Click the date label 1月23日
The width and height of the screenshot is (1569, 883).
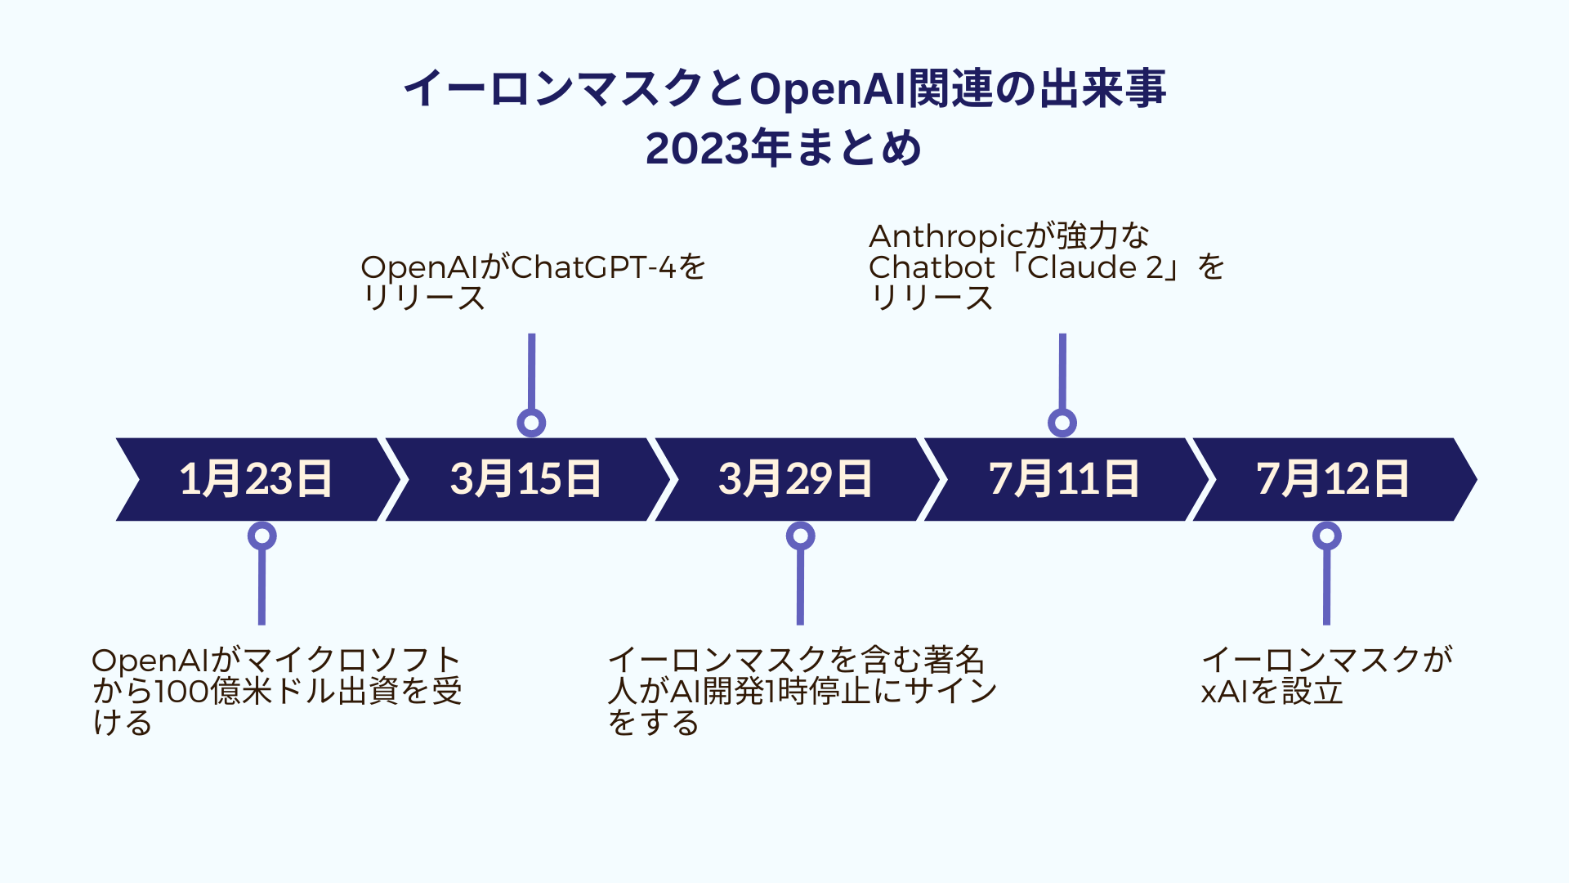tap(256, 479)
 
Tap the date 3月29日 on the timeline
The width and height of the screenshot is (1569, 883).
tap(795, 479)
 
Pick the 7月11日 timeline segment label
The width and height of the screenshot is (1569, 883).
tap(1064, 479)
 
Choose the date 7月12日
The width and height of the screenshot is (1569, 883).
tap(1333, 479)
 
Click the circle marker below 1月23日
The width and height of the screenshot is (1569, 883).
tap(261, 536)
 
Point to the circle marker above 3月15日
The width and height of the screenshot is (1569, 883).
tap(531, 423)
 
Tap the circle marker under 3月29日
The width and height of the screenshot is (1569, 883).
tap(800, 536)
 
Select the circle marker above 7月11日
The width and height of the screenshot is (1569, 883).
tap(1062, 423)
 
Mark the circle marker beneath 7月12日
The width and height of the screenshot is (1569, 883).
tap(1326, 536)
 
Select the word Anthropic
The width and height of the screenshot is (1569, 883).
tap(946, 237)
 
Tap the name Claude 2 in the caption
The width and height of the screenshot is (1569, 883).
tap(1094, 267)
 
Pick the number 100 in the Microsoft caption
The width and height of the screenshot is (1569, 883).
tap(181, 692)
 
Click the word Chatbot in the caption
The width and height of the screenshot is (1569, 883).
tap(932, 267)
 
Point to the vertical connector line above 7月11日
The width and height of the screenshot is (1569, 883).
tap(1062, 371)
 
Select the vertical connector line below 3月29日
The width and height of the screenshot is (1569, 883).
tap(800, 588)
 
